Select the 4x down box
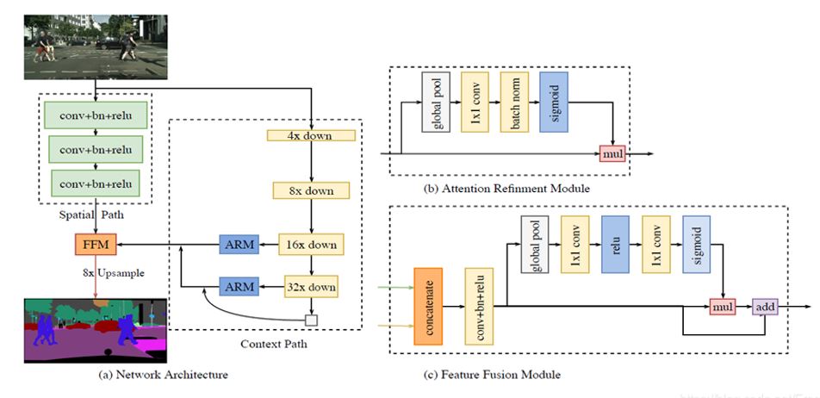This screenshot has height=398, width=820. click(x=312, y=135)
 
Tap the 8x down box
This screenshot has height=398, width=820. click(x=310, y=190)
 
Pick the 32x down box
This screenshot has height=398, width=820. click(x=311, y=286)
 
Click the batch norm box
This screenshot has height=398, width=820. click(x=514, y=102)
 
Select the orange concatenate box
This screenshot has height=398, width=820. click(x=428, y=305)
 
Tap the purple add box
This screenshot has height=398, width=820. click(x=764, y=306)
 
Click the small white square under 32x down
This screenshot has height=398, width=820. click(x=312, y=320)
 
